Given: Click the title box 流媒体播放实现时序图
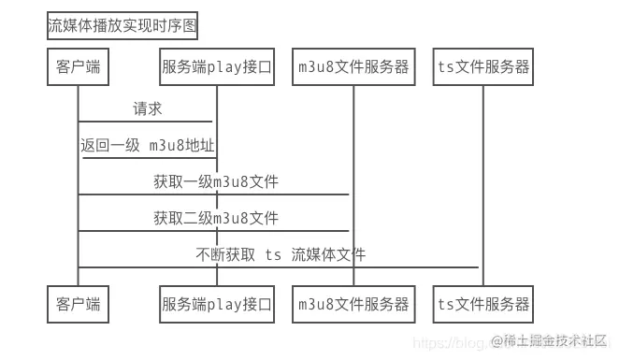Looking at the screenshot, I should pos(122,25).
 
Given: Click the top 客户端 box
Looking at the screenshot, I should pos(78,67).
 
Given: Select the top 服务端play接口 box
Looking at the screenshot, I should pos(217,67).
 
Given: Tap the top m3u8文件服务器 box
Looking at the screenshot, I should pos(353,67).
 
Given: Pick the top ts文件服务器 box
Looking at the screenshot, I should pos(483,67).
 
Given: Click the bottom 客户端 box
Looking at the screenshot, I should pos(78,304).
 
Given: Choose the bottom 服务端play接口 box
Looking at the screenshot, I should pos(217,304).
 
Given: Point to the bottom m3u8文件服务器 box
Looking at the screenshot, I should pos(353,304).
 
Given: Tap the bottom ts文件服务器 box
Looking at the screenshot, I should pos(483,304).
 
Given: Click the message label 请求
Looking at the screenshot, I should pos(147,109).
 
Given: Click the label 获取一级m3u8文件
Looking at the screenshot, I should pos(216,181).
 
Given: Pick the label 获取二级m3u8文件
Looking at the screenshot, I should pos(216,218).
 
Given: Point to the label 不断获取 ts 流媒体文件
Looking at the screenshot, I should pos(281,254).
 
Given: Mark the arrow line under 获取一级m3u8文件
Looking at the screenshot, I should pos(215,194).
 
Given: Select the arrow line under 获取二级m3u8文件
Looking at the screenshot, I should pos(215,231).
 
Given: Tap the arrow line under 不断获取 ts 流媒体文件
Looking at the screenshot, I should pos(281,267).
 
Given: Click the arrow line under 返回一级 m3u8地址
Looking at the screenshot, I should pos(150,157).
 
